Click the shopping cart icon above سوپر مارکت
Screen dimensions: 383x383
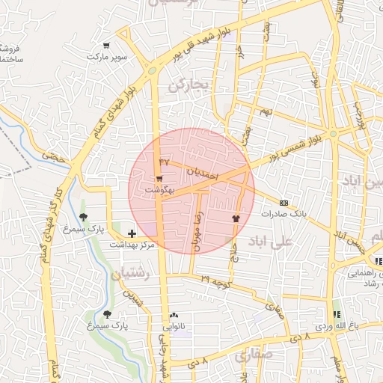pos(107,46)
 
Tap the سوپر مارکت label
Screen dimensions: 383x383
pos(106,57)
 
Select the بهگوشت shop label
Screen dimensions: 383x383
pos(160,190)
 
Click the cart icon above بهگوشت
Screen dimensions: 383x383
pos(159,179)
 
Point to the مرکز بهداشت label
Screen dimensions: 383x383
pos(132,245)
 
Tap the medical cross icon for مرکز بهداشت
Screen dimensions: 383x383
pos(132,234)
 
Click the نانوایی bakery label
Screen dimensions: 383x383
pos(174,326)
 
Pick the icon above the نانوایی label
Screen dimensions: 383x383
pos(174,316)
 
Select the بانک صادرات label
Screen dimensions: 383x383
pos(284,213)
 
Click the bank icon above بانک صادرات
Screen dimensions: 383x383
pos(284,203)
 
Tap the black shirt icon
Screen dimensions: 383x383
pos(236,218)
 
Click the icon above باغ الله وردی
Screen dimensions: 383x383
pos(337,315)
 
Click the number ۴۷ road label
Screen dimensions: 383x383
pos(165,162)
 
